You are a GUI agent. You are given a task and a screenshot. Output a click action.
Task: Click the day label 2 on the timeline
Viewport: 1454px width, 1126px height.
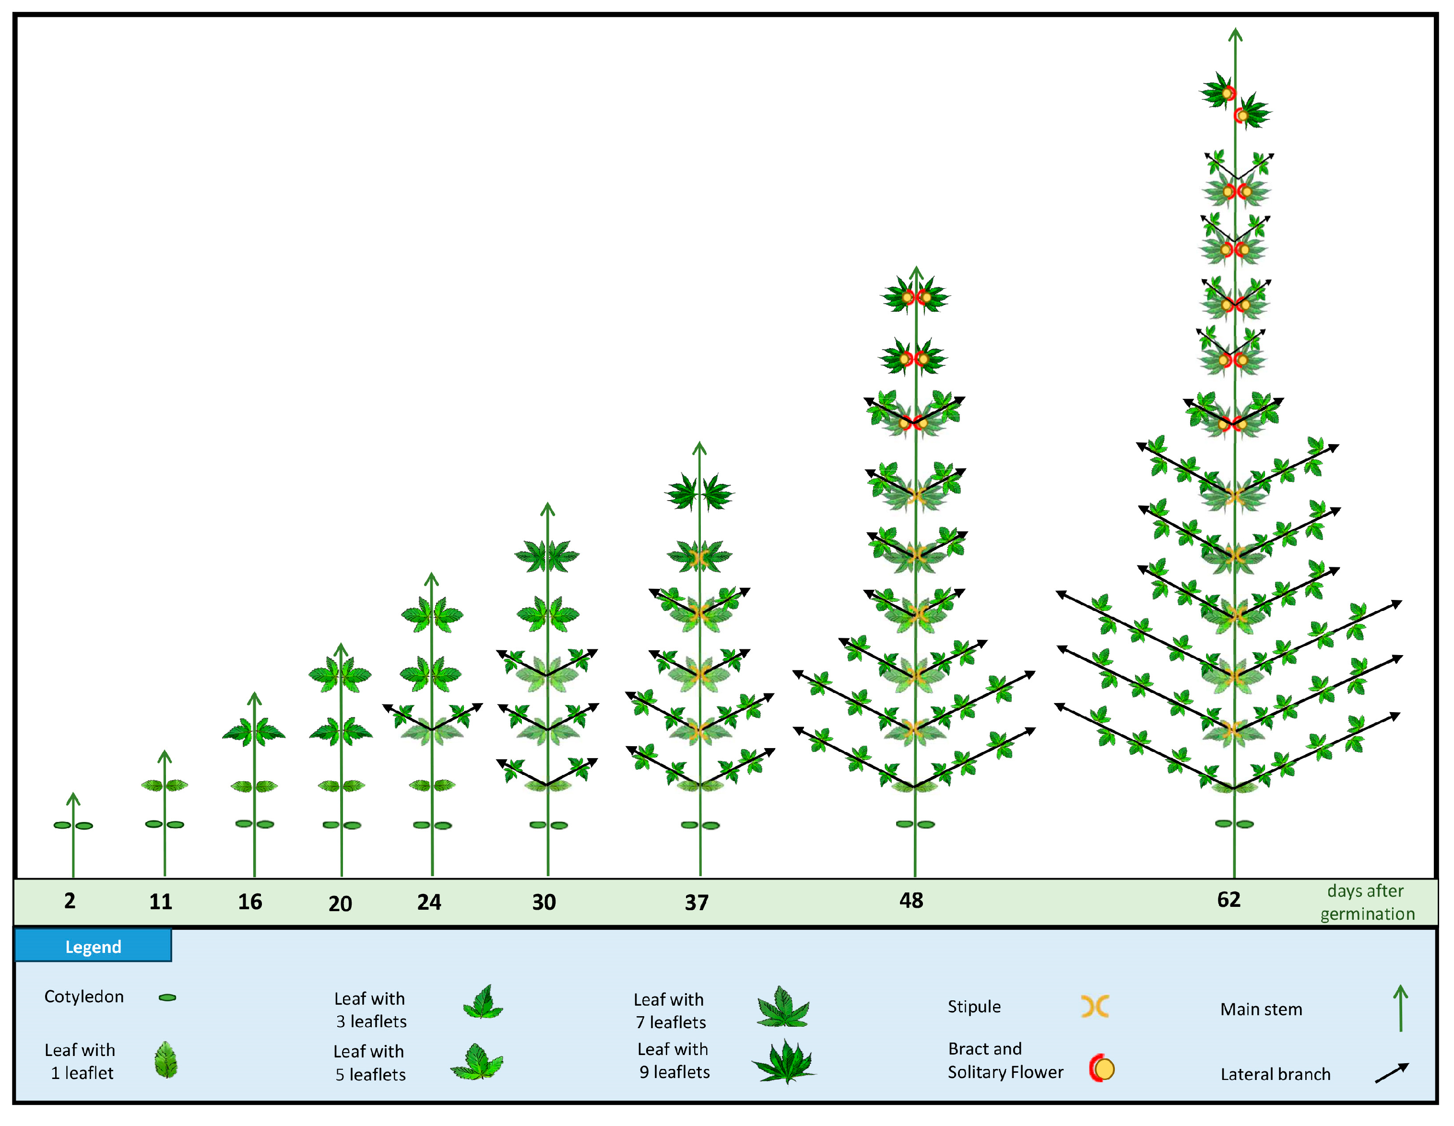[70, 901]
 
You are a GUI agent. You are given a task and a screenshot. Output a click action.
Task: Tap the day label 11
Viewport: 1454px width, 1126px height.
[160, 902]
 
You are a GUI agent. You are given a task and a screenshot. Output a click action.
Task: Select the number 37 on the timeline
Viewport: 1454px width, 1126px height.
[697, 903]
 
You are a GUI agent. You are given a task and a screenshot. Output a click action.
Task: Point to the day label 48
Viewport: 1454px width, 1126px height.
[911, 901]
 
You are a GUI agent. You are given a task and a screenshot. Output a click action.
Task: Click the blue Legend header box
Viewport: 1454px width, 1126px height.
[93, 946]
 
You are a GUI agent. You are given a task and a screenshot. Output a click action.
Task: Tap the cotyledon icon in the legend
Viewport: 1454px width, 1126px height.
[167, 997]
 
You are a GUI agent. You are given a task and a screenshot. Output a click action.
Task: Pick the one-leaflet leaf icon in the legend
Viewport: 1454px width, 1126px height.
[166, 1059]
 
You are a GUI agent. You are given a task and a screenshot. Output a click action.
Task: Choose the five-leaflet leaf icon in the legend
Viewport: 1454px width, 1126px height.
[478, 1062]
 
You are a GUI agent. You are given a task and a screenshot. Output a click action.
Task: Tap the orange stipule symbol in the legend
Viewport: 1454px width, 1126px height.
[1095, 1007]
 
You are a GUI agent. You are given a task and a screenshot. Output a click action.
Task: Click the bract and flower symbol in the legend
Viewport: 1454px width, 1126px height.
[1102, 1068]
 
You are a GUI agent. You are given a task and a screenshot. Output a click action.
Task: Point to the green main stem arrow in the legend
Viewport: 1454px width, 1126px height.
[1400, 1008]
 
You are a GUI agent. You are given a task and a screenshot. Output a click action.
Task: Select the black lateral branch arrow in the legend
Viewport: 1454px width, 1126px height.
[1392, 1073]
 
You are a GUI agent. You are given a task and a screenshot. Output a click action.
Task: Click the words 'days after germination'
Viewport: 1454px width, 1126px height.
[1367, 903]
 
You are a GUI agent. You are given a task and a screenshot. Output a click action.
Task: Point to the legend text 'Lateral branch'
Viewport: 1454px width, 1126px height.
[1275, 1074]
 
